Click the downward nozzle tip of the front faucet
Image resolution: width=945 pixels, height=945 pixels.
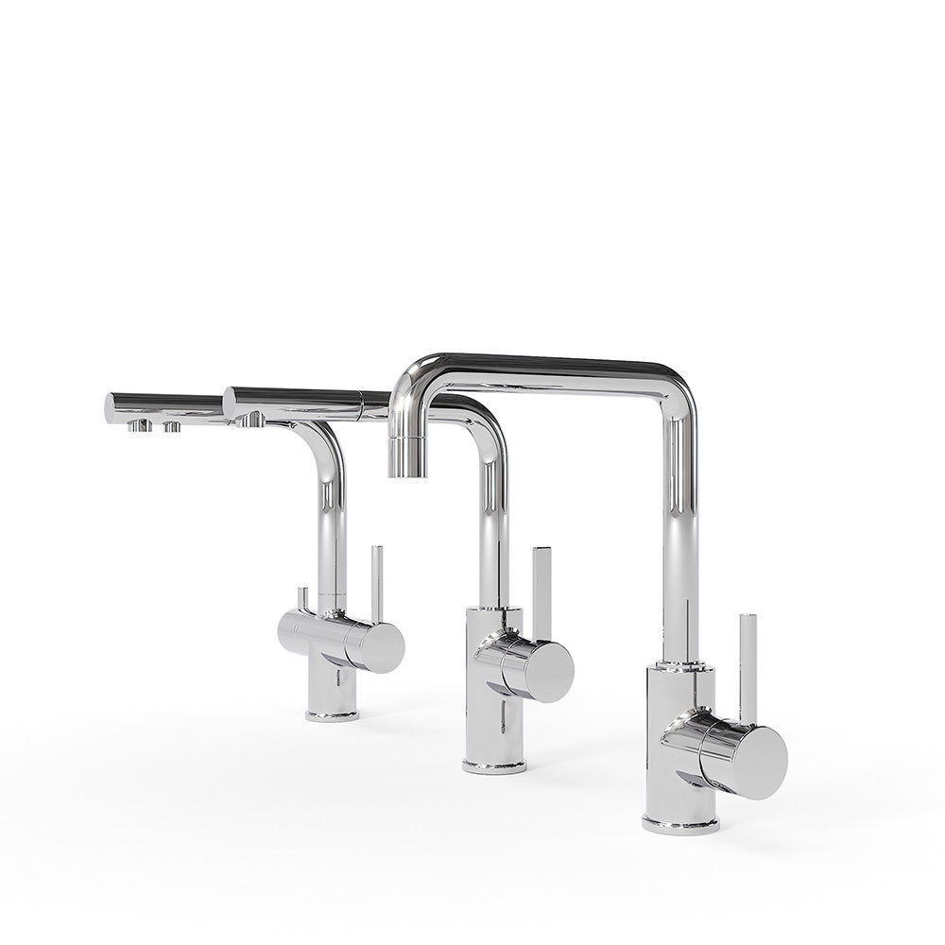[x=405, y=459]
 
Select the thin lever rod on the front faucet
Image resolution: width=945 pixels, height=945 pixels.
[x=746, y=661]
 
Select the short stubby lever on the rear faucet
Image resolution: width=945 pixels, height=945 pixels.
[x=302, y=598]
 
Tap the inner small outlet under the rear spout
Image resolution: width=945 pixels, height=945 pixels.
[x=172, y=427]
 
